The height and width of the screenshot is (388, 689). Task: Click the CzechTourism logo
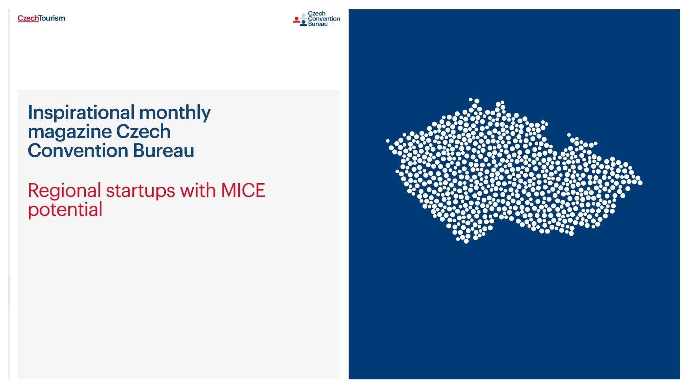point(41,18)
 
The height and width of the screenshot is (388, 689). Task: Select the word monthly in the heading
point(175,113)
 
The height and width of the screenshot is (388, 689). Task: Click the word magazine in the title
point(70,132)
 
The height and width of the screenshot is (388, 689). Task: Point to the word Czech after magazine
point(143,131)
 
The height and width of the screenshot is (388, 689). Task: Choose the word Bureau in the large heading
point(164,151)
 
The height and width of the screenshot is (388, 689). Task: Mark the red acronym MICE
point(243,190)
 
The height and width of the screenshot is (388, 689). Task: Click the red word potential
point(65,210)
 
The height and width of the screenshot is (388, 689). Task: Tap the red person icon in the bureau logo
point(296,20)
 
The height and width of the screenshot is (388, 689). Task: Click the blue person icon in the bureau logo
point(304,23)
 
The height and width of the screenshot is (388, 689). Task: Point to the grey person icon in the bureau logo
point(304,16)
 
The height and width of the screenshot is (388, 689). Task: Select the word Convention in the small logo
point(324,19)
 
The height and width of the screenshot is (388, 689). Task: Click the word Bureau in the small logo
point(318,24)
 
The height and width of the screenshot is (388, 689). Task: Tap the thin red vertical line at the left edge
point(9,194)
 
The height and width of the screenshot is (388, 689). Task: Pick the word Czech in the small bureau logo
point(317,14)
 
